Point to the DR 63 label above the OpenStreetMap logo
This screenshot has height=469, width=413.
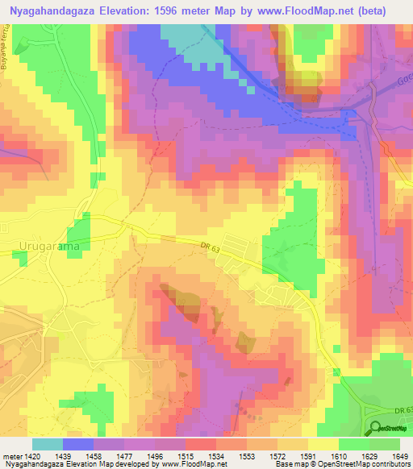(404, 411)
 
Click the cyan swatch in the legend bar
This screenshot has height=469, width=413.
(47, 444)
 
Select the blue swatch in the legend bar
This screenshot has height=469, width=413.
(77, 444)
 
